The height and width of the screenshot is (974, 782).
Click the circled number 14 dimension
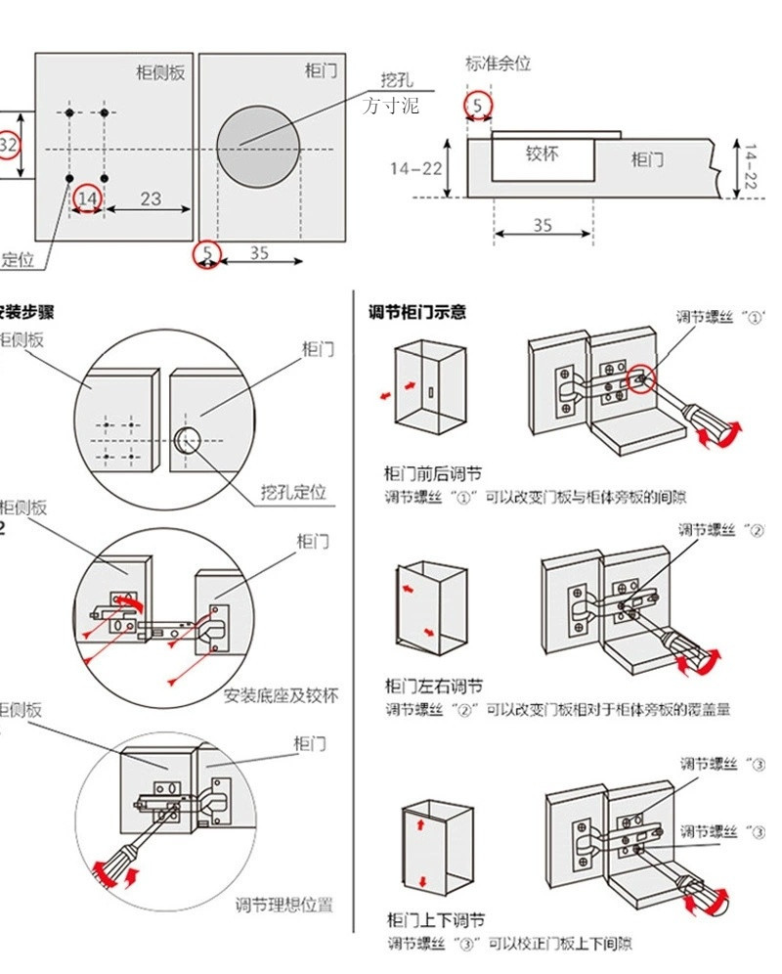point(87,199)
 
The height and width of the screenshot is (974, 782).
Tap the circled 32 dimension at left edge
point(9,145)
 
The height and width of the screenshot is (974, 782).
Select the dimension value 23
point(150,199)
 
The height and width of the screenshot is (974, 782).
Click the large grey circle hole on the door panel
point(258,147)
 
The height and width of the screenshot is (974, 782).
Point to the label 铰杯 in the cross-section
point(542,154)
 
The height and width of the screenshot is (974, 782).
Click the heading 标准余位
point(498,64)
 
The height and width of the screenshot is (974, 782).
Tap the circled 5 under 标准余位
point(477,105)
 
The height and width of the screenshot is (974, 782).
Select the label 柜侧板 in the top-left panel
point(160,72)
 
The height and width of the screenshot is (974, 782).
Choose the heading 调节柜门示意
point(416,312)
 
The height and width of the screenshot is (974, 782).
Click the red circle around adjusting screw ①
point(640,378)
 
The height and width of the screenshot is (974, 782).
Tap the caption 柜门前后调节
point(433,474)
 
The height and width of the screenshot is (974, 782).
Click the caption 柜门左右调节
point(433,686)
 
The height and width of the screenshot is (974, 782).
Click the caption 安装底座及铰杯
point(282,696)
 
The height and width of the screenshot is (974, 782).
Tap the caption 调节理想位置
point(283,905)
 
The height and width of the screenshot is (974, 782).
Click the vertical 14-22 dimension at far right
point(751,168)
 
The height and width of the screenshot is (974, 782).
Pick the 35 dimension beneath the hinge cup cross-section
point(543,225)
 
